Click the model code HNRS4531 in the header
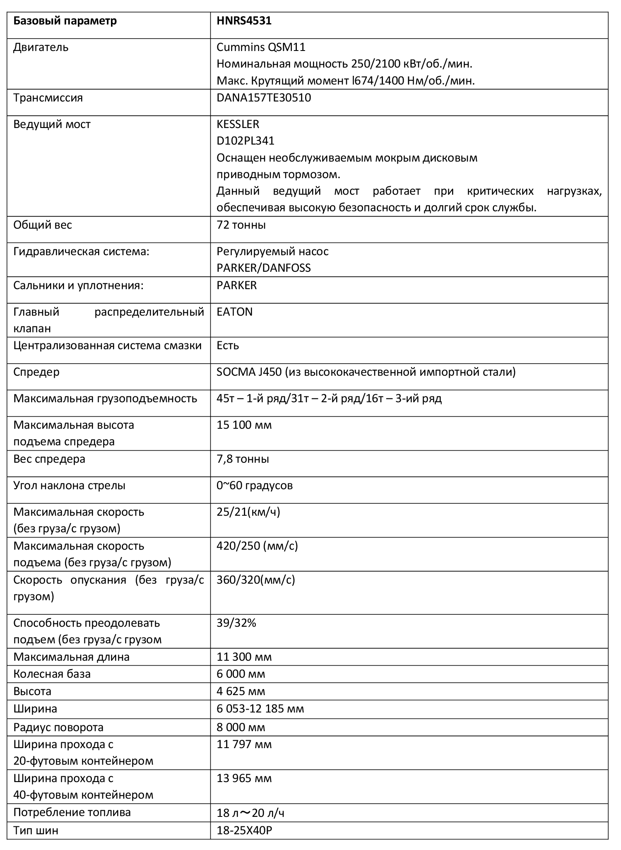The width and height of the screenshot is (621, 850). tap(244, 21)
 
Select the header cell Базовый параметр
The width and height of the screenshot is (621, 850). tap(65, 21)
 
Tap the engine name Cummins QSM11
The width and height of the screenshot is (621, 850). tap(261, 47)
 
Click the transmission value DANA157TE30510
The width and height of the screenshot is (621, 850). tap(264, 98)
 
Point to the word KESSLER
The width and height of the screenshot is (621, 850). tap(238, 124)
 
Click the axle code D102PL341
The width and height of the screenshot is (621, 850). tap(245, 141)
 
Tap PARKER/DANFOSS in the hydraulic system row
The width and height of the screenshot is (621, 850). tap(263, 268)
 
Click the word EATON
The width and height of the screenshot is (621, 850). tap(234, 312)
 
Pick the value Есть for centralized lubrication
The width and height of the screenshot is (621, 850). tap(228, 345)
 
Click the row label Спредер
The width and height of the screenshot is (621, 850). tap(36, 372)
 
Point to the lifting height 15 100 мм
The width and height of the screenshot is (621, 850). tap(244, 425)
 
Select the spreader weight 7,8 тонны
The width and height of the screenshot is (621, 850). tap(243, 459)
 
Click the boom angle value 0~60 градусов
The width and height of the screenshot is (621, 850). tap(254, 485)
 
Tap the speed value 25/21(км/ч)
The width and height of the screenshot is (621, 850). tap(248, 512)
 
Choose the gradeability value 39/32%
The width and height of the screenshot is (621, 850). tap(236, 623)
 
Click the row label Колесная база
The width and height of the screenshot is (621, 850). tap(52, 674)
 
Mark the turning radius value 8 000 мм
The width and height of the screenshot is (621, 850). tap(241, 727)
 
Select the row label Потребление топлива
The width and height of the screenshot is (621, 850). tap(72, 812)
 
